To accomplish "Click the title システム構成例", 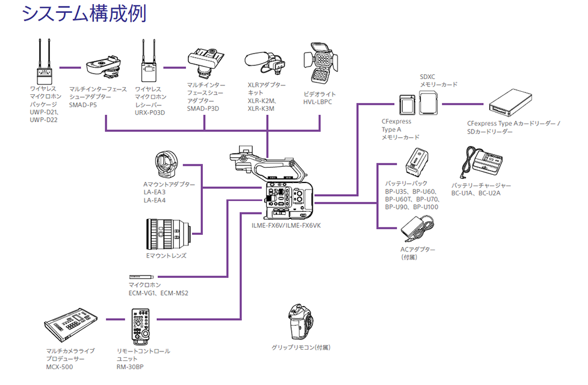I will (x=84, y=13).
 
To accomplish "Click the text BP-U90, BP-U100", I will (x=412, y=207).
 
